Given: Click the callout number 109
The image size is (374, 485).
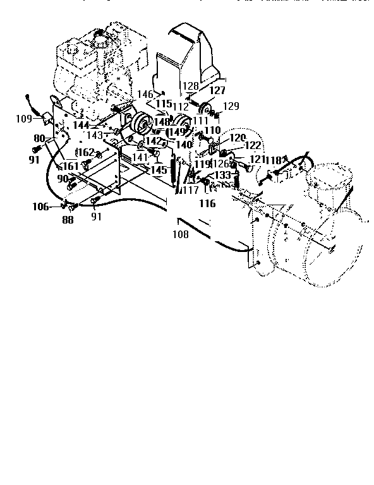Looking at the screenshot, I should tap(23, 118).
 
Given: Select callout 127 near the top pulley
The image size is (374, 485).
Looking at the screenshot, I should tap(217, 90).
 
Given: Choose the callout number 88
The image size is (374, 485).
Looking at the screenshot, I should tap(67, 220).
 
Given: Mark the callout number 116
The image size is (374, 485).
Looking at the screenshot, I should tap(207, 203).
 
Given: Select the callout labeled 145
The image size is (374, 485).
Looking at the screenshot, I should tap(159, 170).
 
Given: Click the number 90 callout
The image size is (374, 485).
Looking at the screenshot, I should tap(62, 179).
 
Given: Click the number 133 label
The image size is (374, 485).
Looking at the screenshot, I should tap(223, 175).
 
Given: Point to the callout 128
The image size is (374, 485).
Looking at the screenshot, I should tap(191, 85).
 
